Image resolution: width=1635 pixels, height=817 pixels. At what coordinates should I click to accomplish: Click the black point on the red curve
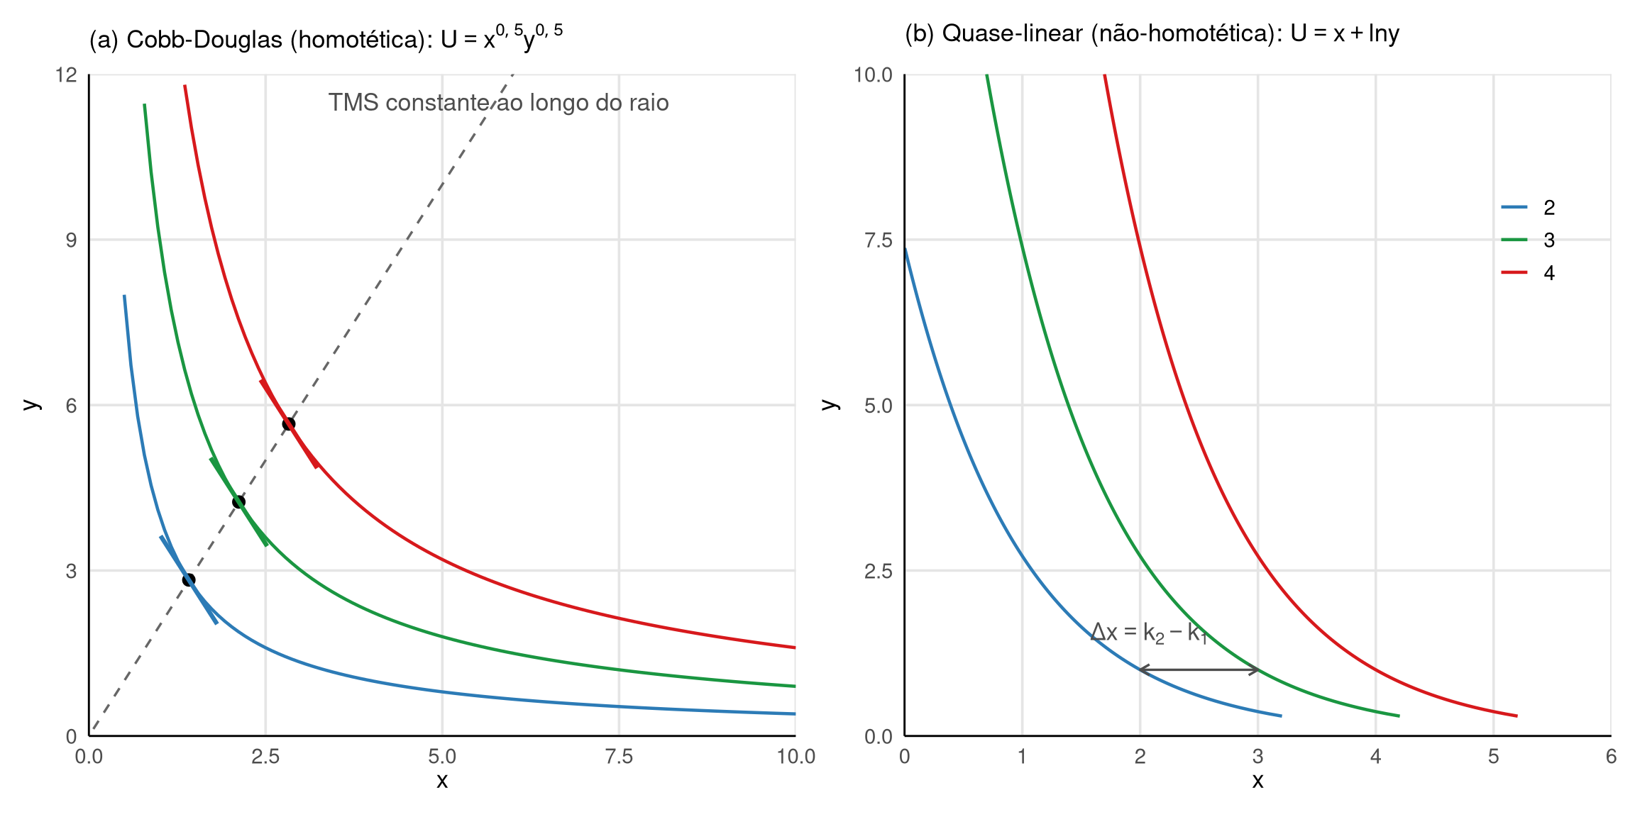tap(288, 424)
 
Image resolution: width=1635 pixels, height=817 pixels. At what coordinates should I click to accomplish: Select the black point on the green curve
tap(238, 502)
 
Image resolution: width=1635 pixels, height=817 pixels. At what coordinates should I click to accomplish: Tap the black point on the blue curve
tap(189, 580)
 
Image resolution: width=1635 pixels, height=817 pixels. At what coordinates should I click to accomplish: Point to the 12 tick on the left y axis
tap(67, 74)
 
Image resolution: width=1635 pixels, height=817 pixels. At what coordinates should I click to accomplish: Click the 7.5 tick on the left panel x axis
tap(618, 757)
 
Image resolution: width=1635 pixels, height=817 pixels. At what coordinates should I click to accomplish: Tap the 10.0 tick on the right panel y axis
tap(873, 74)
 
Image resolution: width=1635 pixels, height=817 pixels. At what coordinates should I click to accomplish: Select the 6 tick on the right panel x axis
tap(1611, 757)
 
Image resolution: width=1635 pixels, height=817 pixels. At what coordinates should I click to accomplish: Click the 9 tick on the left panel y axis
tap(71, 240)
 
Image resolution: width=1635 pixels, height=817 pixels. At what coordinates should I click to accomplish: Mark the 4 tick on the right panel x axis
tap(1375, 757)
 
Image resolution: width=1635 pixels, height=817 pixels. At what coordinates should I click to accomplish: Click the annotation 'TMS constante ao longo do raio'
tap(498, 103)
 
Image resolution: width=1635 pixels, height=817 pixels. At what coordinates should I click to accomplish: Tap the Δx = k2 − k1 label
tap(1148, 632)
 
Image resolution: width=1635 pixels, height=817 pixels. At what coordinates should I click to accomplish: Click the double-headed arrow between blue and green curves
tap(1199, 669)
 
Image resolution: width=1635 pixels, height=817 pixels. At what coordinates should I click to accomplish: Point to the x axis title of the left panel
tap(442, 781)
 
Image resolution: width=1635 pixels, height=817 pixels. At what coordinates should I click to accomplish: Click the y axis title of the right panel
tap(829, 405)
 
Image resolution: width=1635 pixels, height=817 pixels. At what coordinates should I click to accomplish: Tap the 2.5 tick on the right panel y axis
tap(878, 571)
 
